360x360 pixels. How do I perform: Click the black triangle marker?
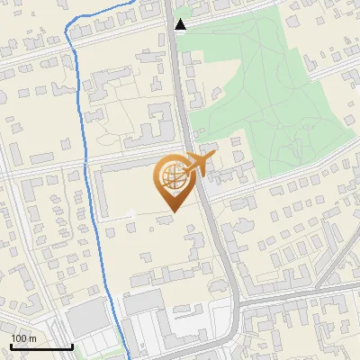[181, 24]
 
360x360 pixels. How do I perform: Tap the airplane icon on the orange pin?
[195, 163]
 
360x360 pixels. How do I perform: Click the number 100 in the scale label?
[18, 337]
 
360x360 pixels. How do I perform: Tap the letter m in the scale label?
[32, 337]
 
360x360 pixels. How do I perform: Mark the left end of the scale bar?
[10, 346]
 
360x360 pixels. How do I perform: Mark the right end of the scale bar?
[73, 346]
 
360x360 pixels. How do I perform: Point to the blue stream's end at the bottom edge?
[128, 358]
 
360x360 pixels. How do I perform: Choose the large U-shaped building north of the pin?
[150, 126]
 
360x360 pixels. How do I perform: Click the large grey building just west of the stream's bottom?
[86, 318]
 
